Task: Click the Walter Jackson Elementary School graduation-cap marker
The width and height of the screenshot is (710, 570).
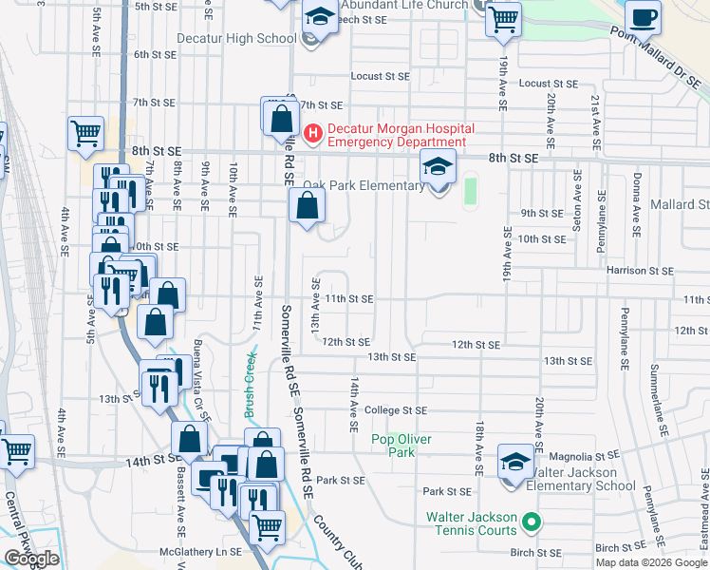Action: click(514, 464)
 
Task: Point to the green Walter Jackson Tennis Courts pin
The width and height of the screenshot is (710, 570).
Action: click(532, 522)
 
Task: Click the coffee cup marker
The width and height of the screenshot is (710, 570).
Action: click(644, 18)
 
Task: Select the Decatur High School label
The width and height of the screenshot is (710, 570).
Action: click(237, 39)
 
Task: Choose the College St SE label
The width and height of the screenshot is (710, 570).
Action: click(395, 410)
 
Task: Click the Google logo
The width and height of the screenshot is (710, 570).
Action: click(32, 560)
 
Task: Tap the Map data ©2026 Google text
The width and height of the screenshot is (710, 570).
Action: click(651, 562)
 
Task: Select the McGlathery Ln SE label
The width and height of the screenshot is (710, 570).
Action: click(202, 551)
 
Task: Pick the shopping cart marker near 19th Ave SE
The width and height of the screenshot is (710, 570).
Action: click(503, 18)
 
